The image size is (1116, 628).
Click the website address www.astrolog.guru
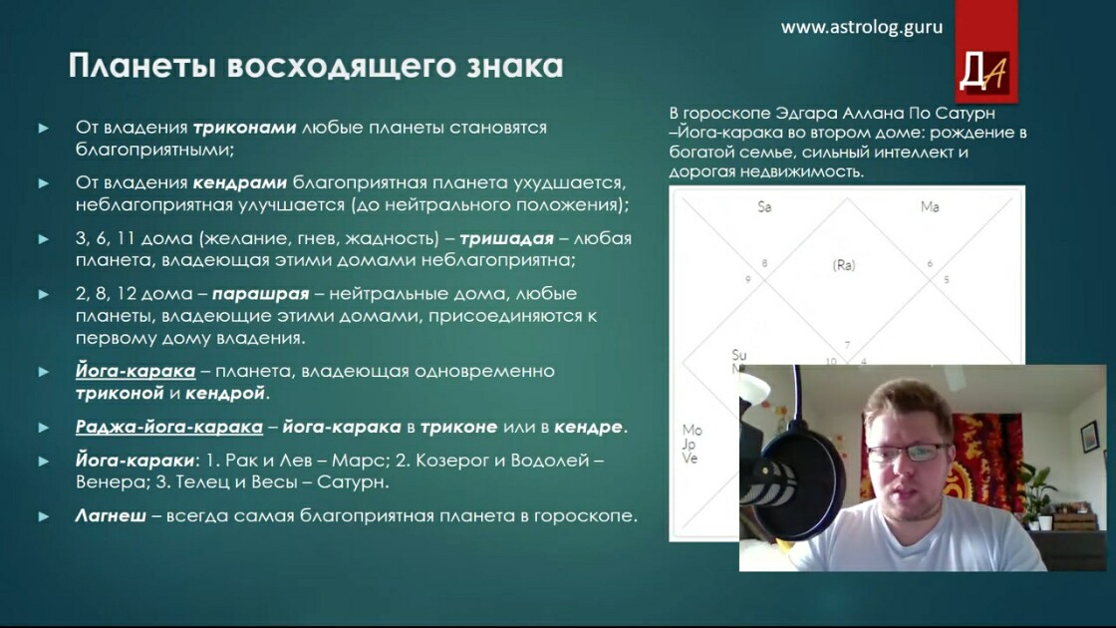[x=861, y=28]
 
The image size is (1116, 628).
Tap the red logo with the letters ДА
[x=985, y=52]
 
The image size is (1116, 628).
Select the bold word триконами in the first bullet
[x=244, y=128]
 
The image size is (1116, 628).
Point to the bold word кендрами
[x=240, y=183]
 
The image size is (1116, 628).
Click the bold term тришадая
[x=506, y=238]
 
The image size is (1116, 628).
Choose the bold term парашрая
[x=260, y=294]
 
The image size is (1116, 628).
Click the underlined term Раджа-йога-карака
[x=169, y=428]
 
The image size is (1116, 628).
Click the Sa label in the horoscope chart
[x=764, y=207]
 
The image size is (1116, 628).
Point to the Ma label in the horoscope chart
[x=930, y=207]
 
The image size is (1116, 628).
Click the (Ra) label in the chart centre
[x=843, y=265]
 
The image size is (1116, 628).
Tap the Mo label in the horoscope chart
[x=692, y=430]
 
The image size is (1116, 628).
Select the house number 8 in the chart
[x=764, y=263]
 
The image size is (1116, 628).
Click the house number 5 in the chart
[x=946, y=280]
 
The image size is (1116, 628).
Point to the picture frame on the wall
[x=1089, y=436]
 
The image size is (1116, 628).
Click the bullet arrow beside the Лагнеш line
[x=44, y=516]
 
